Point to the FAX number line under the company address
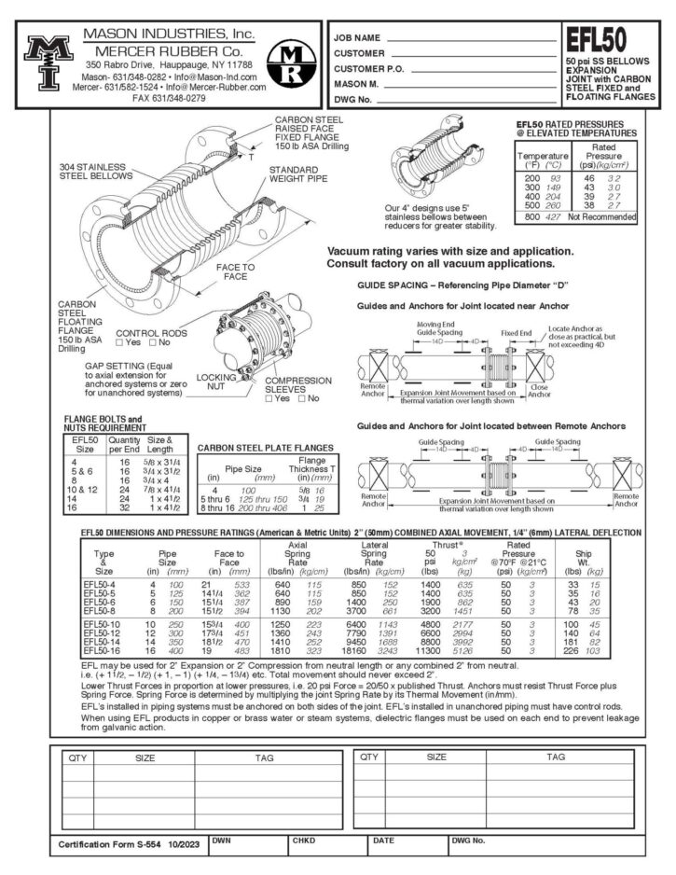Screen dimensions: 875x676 point(169,97)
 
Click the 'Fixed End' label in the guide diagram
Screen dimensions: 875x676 point(517,332)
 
